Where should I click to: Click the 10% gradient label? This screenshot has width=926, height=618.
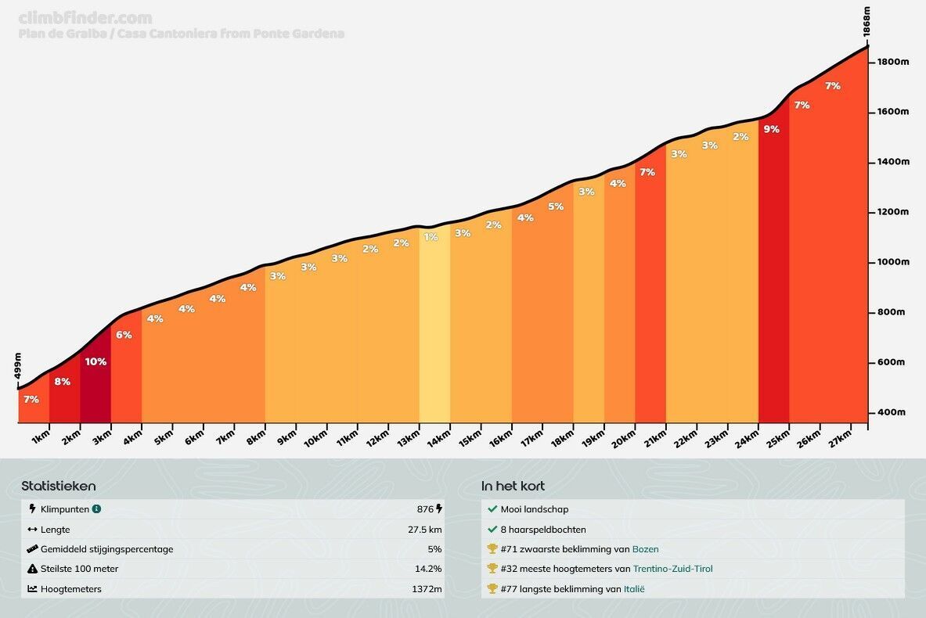coord(95,361)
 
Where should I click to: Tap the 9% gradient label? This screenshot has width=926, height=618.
coord(771,129)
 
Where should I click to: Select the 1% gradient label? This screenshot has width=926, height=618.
coord(431,237)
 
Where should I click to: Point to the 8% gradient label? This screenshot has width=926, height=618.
coord(63,382)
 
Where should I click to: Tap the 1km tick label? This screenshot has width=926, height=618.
coord(41,438)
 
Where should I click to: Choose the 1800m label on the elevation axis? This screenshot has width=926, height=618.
coord(893,63)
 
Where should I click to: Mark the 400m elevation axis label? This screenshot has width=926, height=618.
coord(890,412)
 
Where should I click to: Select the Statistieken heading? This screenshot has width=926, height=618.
coord(59,487)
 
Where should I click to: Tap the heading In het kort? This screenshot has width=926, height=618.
coord(513,487)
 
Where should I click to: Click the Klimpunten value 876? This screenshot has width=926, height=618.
coord(425,509)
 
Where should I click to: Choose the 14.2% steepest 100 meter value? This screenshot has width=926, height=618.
coord(427,569)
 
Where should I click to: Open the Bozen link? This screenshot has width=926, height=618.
coord(646,549)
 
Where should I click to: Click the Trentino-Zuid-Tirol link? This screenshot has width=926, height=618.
coord(672,569)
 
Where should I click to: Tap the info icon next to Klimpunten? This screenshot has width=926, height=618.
coord(96,509)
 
